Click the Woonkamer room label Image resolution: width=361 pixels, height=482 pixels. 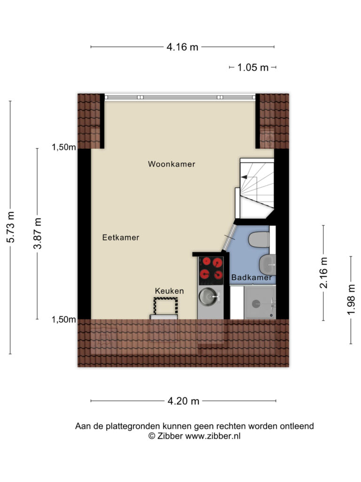point(172,164)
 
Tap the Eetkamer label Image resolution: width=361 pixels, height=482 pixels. point(121,237)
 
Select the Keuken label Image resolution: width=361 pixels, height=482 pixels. point(169,291)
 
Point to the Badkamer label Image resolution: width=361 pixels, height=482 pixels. point(251,278)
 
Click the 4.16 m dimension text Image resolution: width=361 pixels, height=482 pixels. point(182,47)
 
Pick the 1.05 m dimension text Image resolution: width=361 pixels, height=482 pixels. point(253,67)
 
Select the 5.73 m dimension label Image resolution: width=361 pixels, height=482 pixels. point(11,227)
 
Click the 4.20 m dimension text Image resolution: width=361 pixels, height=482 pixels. point(183,401)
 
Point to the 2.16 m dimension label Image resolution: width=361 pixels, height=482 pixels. point(324,273)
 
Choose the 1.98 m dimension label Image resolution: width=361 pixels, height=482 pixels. point(351,300)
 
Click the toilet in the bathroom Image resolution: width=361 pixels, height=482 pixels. point(259,240)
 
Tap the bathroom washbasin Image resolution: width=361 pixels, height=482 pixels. point(267,265)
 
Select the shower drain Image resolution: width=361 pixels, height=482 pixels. point(256,304)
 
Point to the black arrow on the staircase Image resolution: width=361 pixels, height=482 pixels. point(244,177)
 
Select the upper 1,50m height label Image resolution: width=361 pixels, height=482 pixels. point(64,147)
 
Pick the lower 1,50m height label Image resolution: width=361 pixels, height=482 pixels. point(64,320)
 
